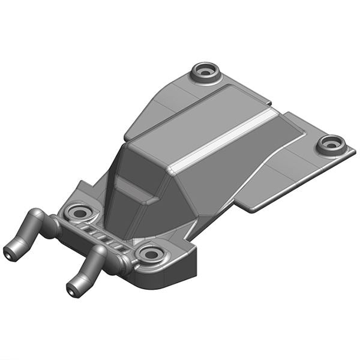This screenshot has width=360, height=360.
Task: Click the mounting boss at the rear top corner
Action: [x=206, y=71]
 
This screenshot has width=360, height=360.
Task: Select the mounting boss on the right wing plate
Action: [x=331, y=144]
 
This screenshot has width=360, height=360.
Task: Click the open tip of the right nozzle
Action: [x=73, y=290]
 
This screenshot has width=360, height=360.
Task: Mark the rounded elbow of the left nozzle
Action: [x=37, y=216]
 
